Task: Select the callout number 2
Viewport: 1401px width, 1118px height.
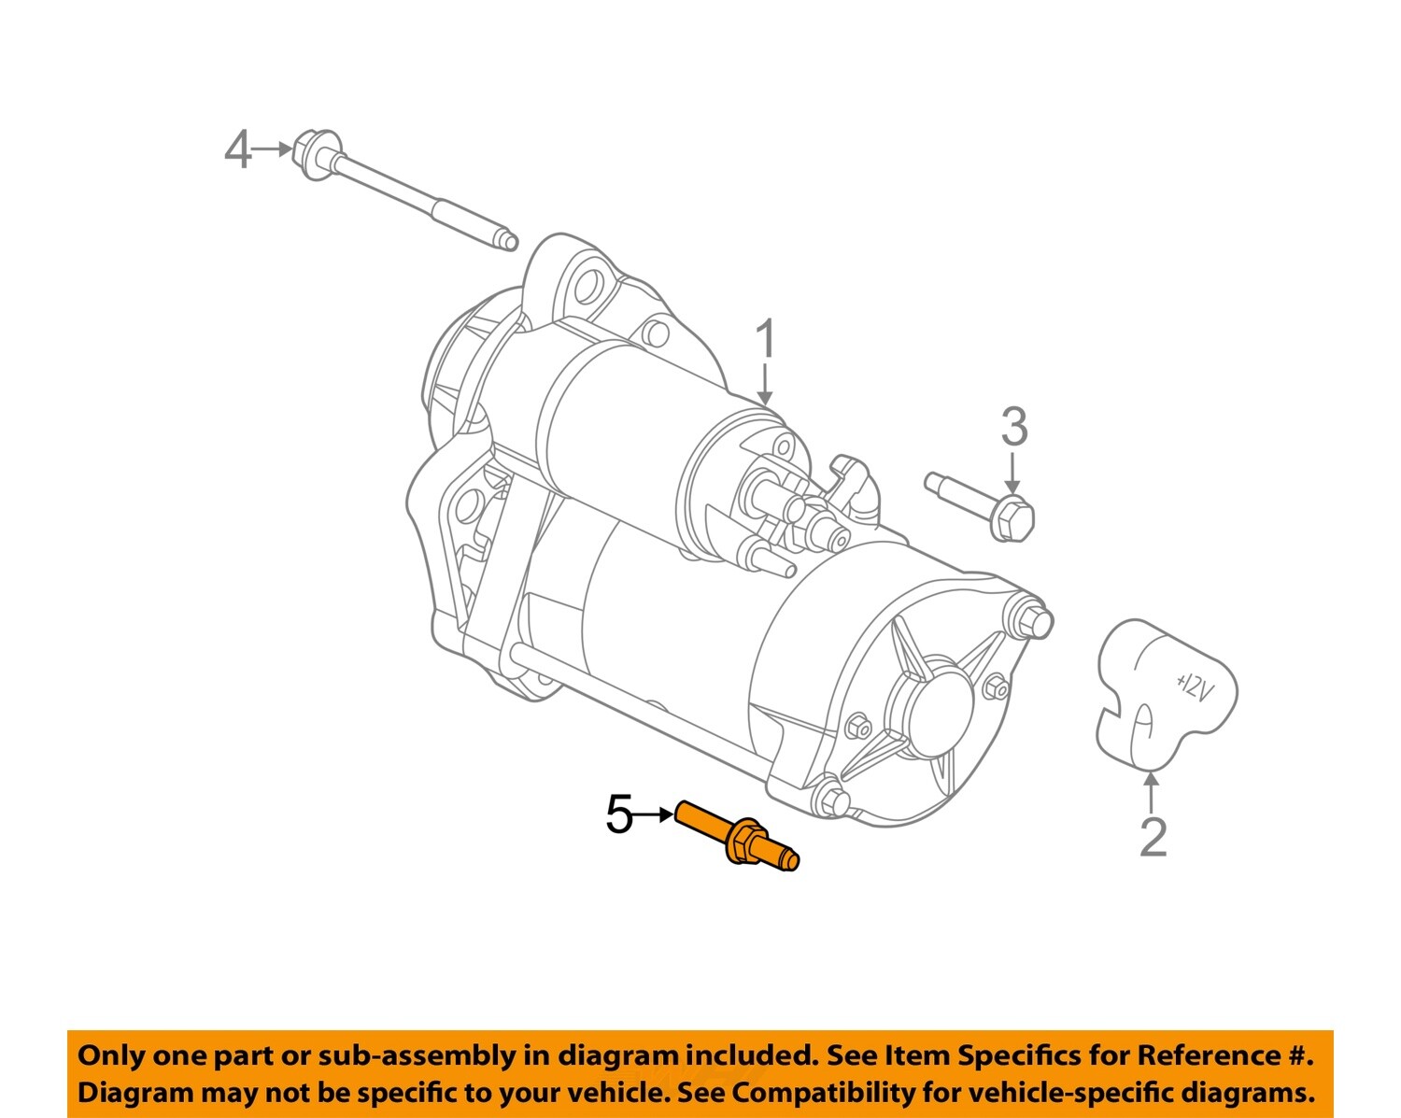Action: (1153, 837)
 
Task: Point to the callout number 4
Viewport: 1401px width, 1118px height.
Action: (237, 149)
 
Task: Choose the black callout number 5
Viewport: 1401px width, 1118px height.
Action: (619, 815)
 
